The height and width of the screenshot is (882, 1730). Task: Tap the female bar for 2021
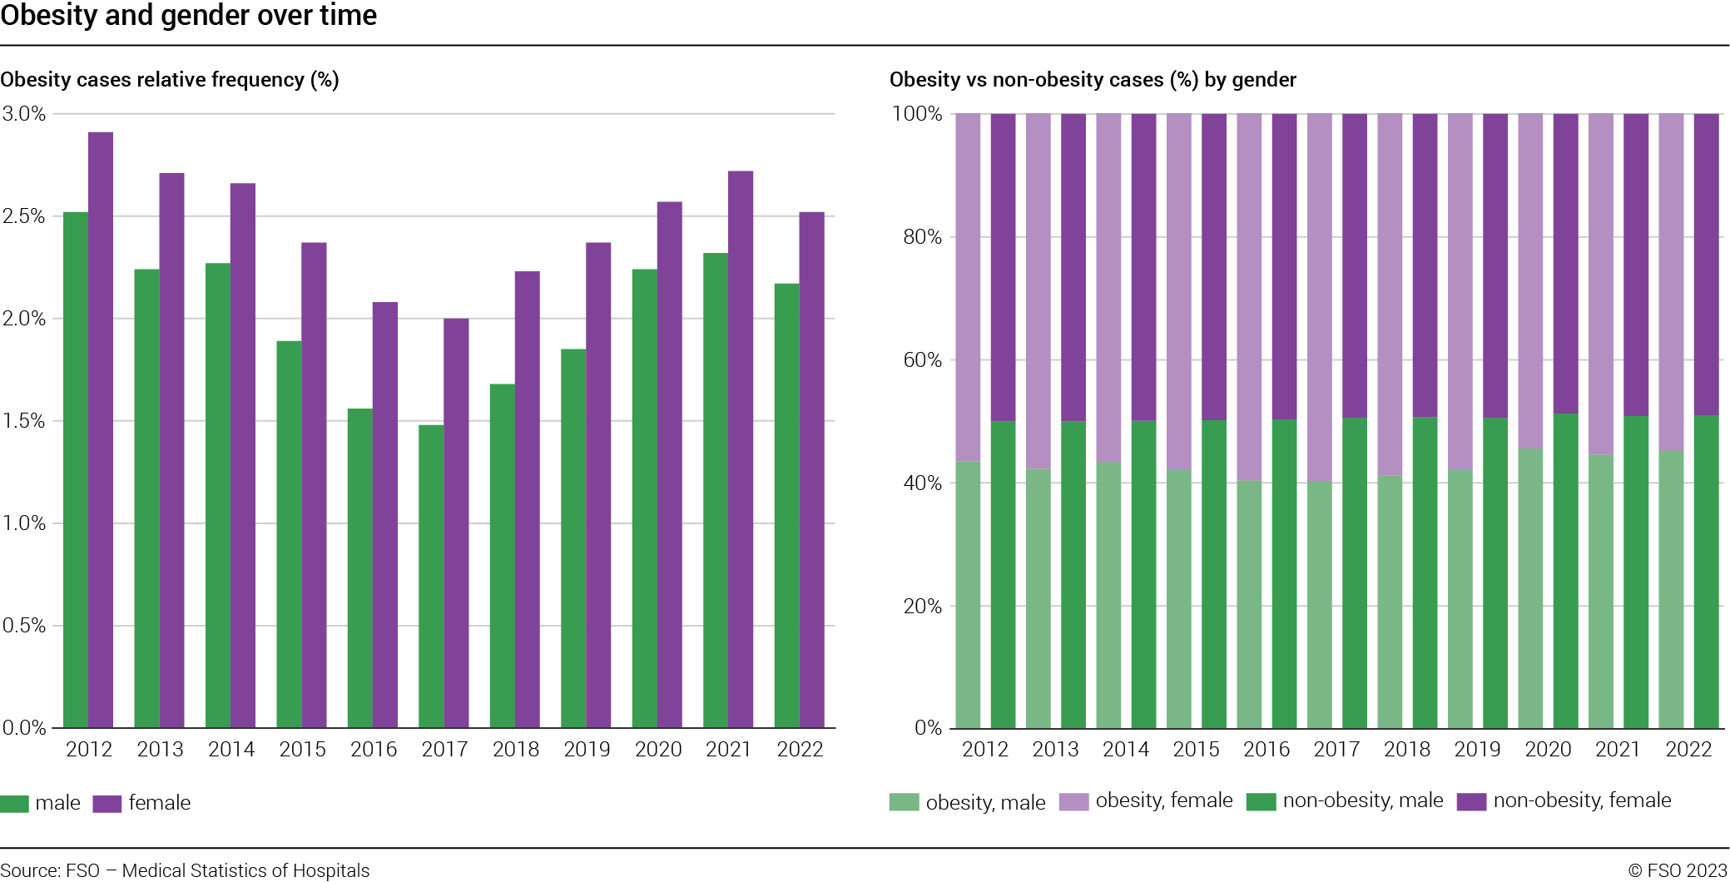[741, 449]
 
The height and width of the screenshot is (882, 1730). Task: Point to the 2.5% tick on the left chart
[23, 216]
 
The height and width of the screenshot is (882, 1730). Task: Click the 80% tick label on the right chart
[922, 237]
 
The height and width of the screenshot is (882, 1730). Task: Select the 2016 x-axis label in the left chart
[374, 750]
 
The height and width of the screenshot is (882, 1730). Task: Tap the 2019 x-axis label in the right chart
[1477, 750]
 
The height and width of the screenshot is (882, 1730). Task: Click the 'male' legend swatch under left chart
[15, 804]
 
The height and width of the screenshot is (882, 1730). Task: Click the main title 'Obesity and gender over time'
[189, 15]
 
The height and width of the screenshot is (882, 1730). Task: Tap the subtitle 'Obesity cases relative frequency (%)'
[170, 80]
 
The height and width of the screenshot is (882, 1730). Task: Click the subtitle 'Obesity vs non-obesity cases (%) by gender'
[1093, 80]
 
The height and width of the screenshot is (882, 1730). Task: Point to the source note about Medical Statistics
[185, 870]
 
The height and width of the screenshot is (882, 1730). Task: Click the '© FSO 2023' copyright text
[1678, 870]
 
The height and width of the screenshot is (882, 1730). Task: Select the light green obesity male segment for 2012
[968, 595]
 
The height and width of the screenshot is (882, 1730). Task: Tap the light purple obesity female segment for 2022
[1671, 283]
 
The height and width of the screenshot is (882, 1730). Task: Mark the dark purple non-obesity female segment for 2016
[1284, 266]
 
